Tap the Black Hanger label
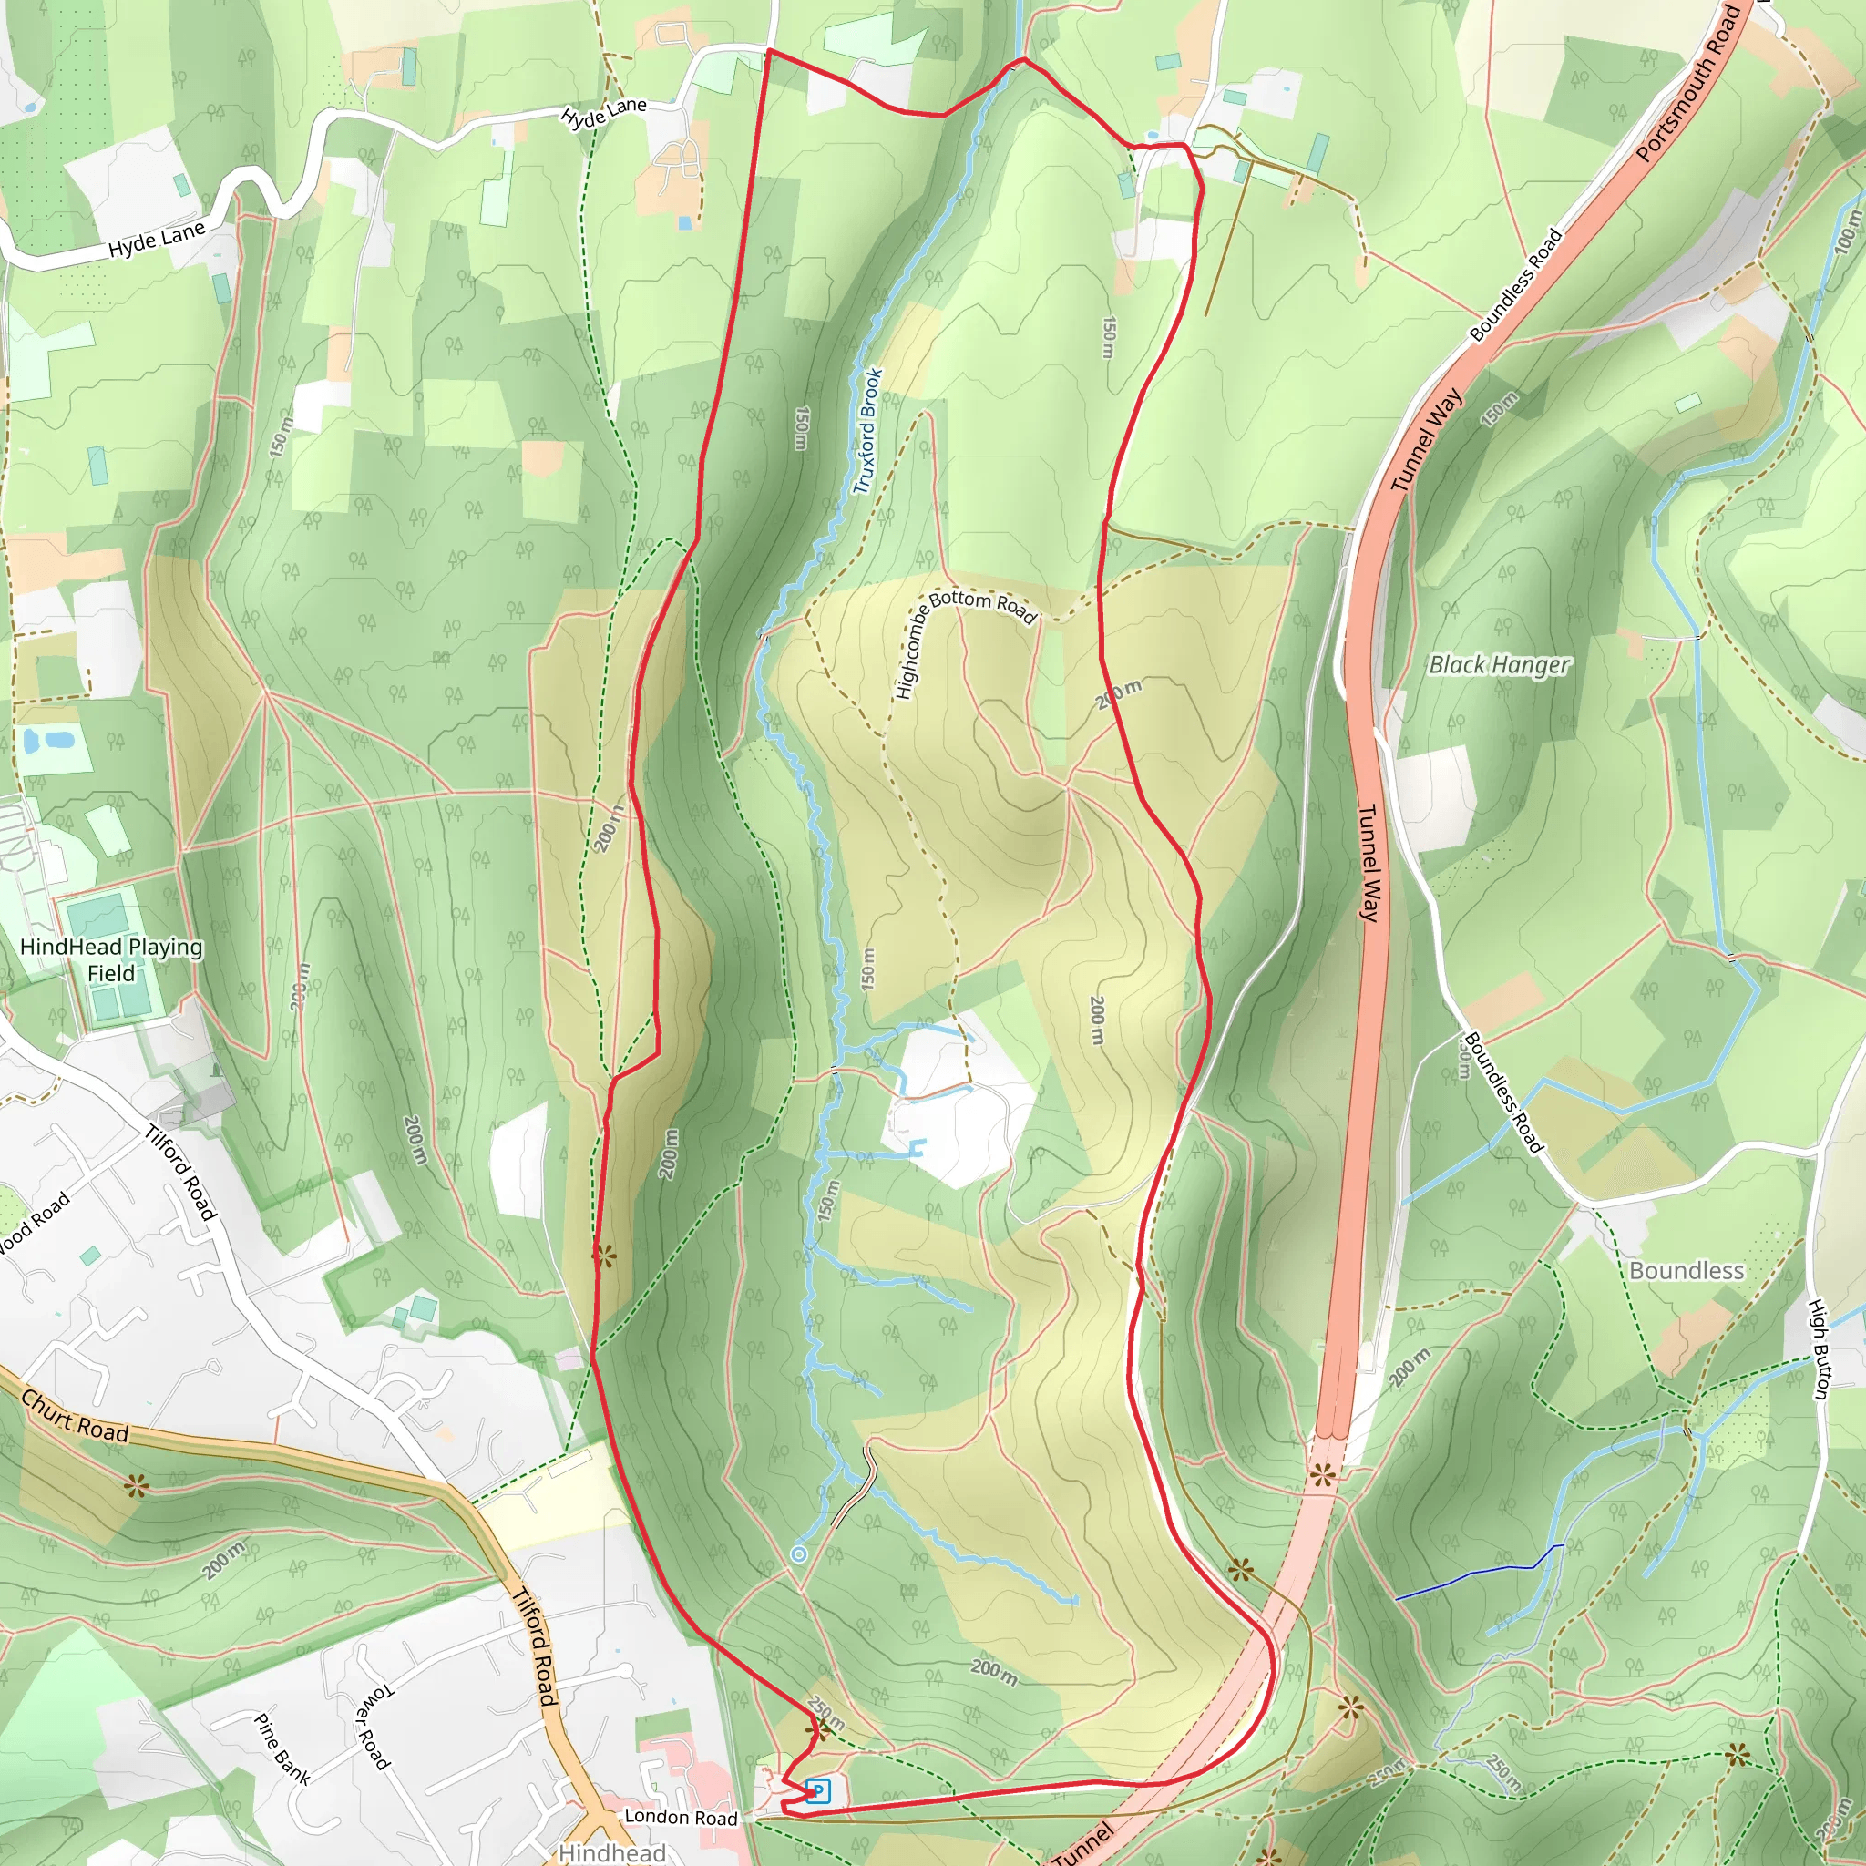pyautogui.click(x=1499, y=664)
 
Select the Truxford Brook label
pyautogui.click(x=868, y=431)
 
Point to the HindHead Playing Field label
pyautogui.click(x=111, y=959)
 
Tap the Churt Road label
pyautogui.click(x=75, y=1417)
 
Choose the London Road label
pyautogui.click(x=681, y=1817)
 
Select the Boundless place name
pyautogui.click(x=1687, y=1270)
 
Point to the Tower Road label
pyautogui.click(x=374, y=1727)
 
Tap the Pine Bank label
pyautogui.click(x=282, y=1749)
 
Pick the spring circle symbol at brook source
pyautogui.click(x=799, y=1554)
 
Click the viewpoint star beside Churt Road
pyautogui.click(x=136, y=1486)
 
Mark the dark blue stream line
pyautogui.click(x=1478, y=1573)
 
